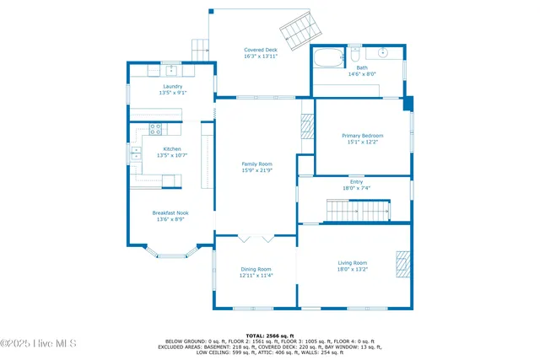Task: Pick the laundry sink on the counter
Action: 170,68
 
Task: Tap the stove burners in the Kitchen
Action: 155,129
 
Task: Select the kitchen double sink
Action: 136,154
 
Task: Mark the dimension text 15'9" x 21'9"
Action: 256,170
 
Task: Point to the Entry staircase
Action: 359,210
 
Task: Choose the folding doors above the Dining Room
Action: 256,235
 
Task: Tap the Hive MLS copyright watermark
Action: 39,343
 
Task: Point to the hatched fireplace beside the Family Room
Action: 307,128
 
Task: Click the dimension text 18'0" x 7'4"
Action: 356,188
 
